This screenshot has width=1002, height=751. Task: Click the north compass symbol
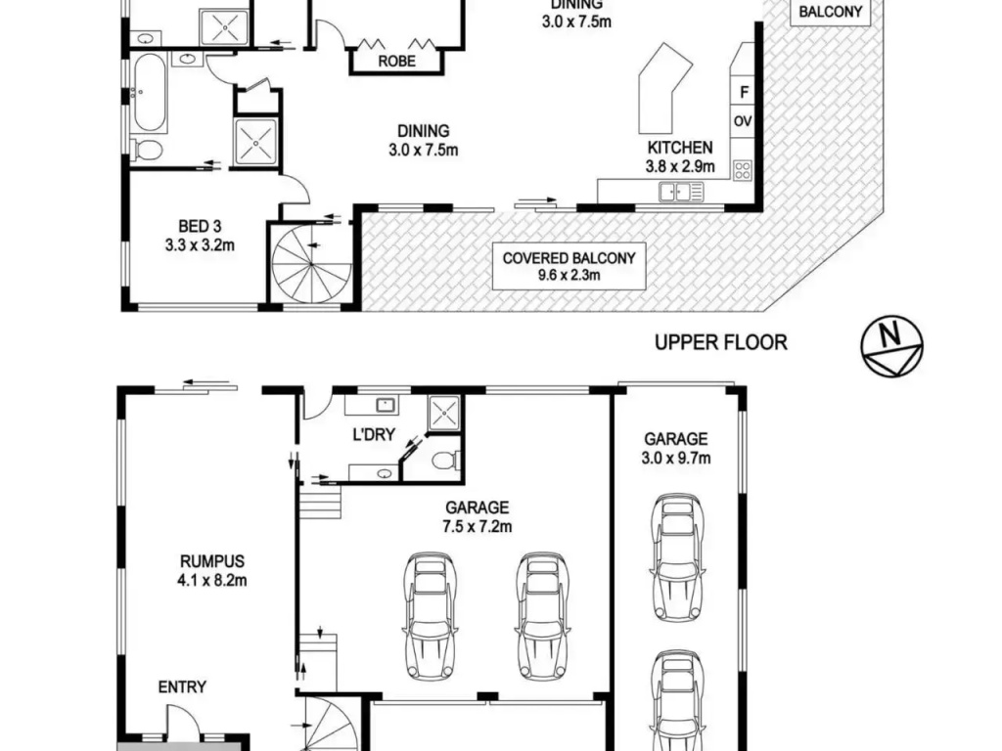pyautogui.click(x=891, y=348)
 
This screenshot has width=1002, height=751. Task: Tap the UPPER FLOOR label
pyautogui.click(x=721, y=343)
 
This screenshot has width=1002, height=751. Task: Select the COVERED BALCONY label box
pyautogui.click(x=569, y=266)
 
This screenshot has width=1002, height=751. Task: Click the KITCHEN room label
pyautogui.click(x=680, y=148)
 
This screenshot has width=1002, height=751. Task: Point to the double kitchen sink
pyautogui.click(x=681, y=192)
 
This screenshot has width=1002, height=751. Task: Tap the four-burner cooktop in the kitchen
pyautogui.click(x=743, y=170)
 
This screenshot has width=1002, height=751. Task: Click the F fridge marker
pyautogui.click(x=744, y=93)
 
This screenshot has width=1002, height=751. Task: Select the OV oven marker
pyautogui.click(x=743, y=120)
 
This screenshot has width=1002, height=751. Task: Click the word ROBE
pyautogui.click(x=396, y=62)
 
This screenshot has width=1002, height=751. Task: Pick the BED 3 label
pyautogui.click(x=200, y=226)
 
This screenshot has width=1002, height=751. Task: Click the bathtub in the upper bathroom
pyautogui.click(x=151, y=93)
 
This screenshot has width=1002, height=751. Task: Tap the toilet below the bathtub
pyautogui.click(x=149, y=150)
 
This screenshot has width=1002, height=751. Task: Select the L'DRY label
pyautogui.click(x=374, y=434)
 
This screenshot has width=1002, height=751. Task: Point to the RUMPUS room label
pyautogui.click(x=212, y=561)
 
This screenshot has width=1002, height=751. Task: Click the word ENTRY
pyautogui.click(x=182, y=687)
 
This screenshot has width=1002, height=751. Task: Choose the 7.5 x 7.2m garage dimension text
pyautogui.click(x=478, y=527)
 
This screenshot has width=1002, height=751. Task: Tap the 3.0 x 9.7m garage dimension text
pyautogui.click(x=676, y=458)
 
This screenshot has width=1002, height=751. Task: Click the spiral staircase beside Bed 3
pyautogui.click(x=311, y=264)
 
